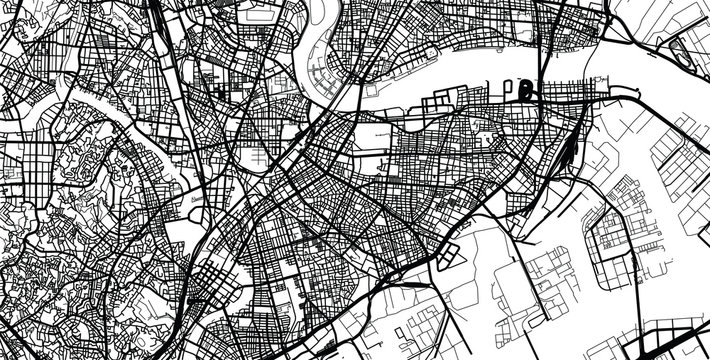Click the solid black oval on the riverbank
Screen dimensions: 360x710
tap(526, 93)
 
